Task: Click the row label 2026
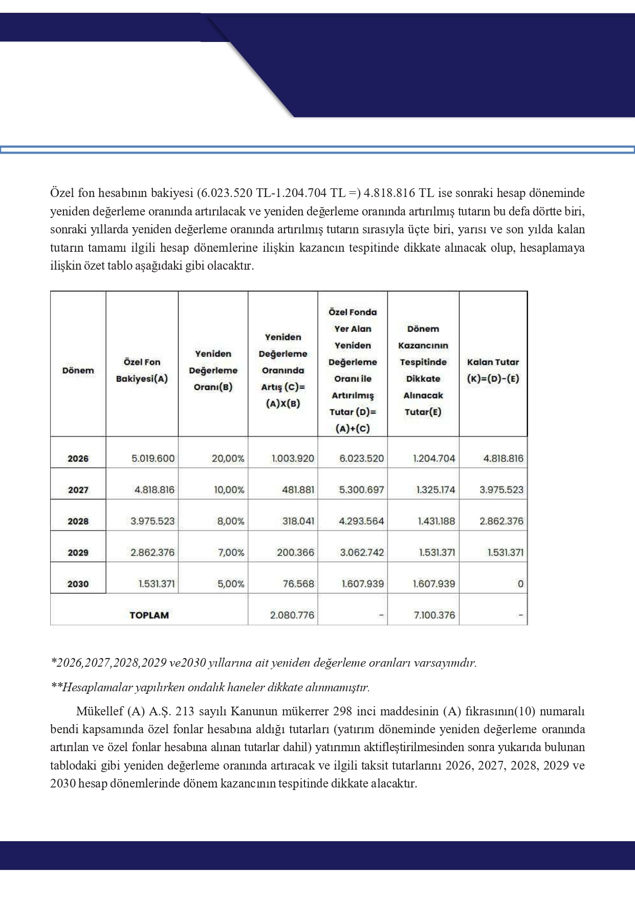point(78,458)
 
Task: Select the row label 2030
point(78,584)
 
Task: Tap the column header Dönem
point(78,370)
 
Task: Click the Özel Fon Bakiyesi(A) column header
point(142,370)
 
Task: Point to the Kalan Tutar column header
point(493,370)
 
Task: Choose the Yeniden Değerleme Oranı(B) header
point(213,370)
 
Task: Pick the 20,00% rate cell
point(228,458)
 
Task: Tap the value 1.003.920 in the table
point(293,458)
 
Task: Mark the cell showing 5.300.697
point(361,490)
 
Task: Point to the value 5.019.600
point(153,458)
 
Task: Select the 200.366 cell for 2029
point(295,553)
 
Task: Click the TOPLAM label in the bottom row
point(149,615)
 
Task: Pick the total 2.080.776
point(292,615)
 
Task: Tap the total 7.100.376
point(434,615)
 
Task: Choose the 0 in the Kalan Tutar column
point(520,584)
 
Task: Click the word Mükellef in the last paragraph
point(100,711)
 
